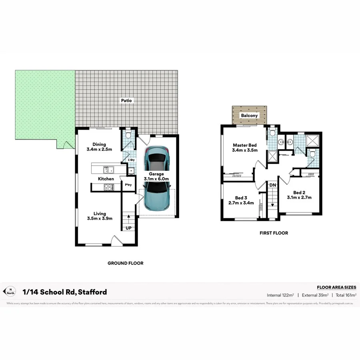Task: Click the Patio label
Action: [x=126, y=101]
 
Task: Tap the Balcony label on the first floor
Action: [x=249, y=116]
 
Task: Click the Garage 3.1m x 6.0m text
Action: [x=156, y=177]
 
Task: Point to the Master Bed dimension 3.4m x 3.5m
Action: [x=244, y=150]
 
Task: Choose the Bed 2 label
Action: [x=299, y=192]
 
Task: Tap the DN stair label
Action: [x=272, y=185]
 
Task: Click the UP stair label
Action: [x=128, y=228]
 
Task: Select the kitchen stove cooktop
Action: [x=108, y=187]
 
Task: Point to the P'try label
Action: [x=128, y=185]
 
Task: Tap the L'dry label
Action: [x=131, y=160]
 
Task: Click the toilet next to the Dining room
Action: [x=128, y=135]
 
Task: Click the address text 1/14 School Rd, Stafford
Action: [x=65, y=292]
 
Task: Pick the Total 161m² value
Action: [x=346, y=295]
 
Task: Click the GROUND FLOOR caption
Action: [x=125, y=263]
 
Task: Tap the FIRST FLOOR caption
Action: [x=274, y=233]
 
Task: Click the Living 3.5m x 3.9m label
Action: [x=100, y=216]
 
